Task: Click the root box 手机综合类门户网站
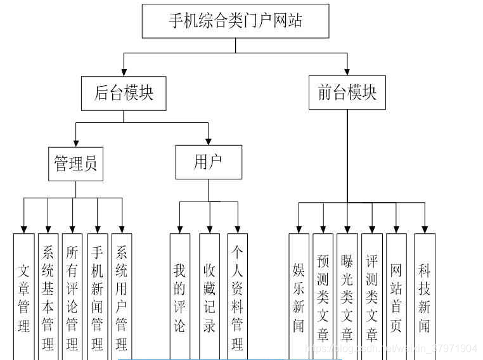click(x=235, y=21)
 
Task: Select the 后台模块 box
click(x=124, y=93)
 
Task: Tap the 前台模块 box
click(x=347, y=93)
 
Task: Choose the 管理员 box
click(x=75, y=164)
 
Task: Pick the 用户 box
click(x=209, y=162)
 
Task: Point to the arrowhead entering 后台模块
click(x=124, y=72)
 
